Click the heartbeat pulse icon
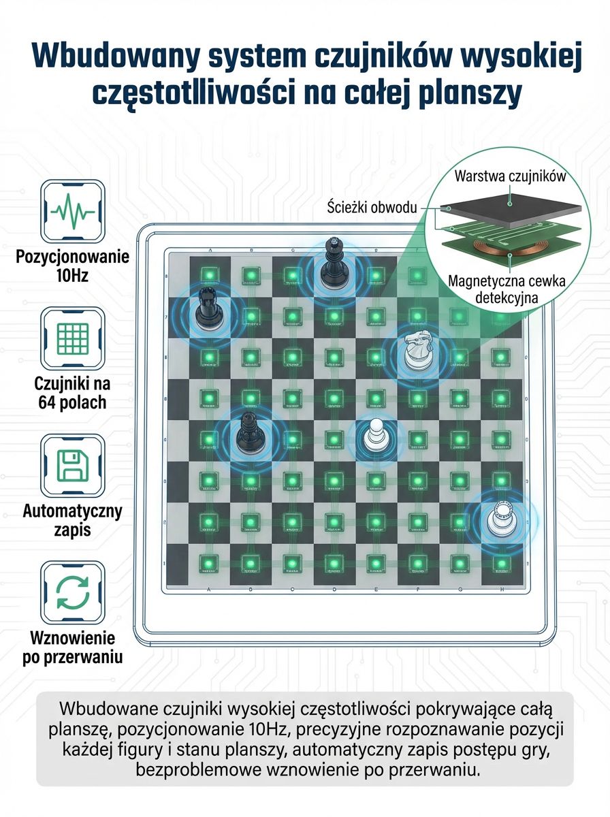point(73,212)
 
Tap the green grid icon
point(73,338)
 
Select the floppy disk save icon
point(73,465)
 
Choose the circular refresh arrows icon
point(73,592)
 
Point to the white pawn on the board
point(376,434)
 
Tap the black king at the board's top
point(334,263)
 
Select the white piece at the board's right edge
point(500,518)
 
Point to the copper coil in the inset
point(492,249)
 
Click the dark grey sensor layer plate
point(511,210)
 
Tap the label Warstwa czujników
point(510,176)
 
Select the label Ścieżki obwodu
point(372,207)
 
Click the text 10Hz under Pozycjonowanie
point(73,276)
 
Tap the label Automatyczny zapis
point(73,520)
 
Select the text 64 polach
point(72,403)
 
